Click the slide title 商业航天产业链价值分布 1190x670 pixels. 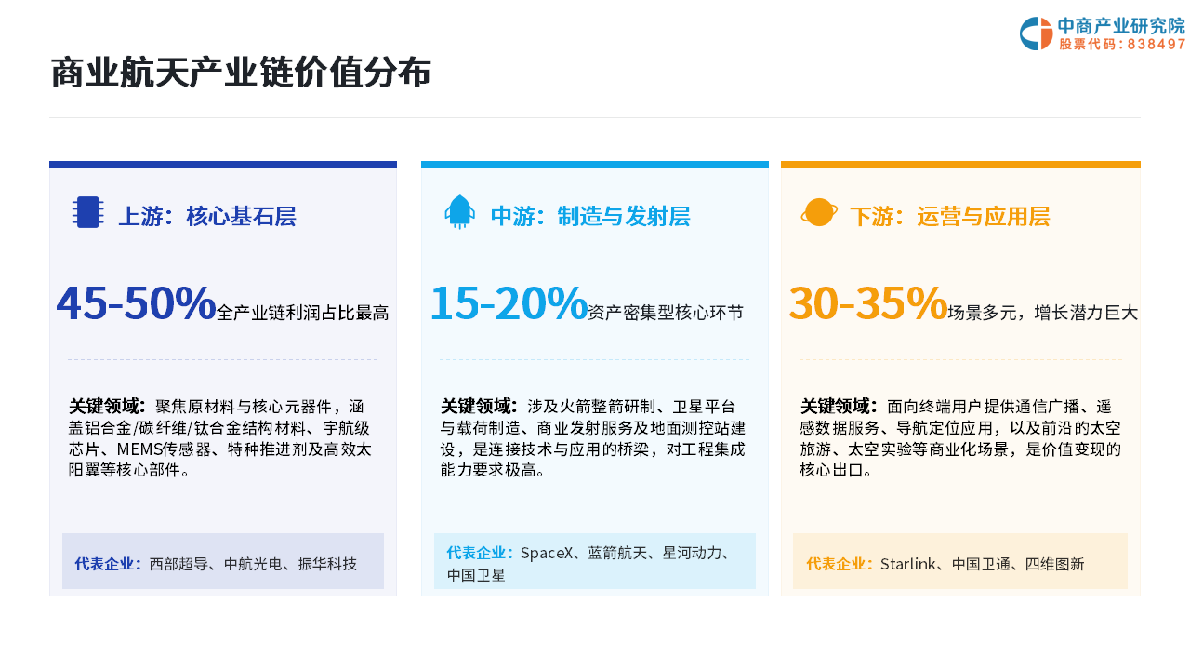[241, 73]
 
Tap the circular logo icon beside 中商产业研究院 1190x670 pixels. [1036, 33]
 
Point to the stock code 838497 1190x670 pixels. [1156, 44]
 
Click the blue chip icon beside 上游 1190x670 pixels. [87, 212]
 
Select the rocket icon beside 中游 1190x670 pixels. [459, 212]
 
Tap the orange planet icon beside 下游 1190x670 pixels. [819, 213]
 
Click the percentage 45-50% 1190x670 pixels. [136, 303]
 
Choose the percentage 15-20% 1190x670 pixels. [509, 303]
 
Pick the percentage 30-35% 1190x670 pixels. [868, 303]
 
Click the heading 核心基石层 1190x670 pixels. [241, 217]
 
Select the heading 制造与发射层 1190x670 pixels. [624, 217]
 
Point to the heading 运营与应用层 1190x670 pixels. [984, 217]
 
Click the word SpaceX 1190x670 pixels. [547, 553]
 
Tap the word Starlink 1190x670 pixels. [908, 564]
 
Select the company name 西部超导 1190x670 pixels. [178, 564]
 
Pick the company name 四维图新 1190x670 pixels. [1054, 564]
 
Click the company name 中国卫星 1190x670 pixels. [476, 575]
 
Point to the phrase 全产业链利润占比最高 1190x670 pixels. [303, 313]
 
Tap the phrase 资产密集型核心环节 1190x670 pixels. [666, 313]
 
